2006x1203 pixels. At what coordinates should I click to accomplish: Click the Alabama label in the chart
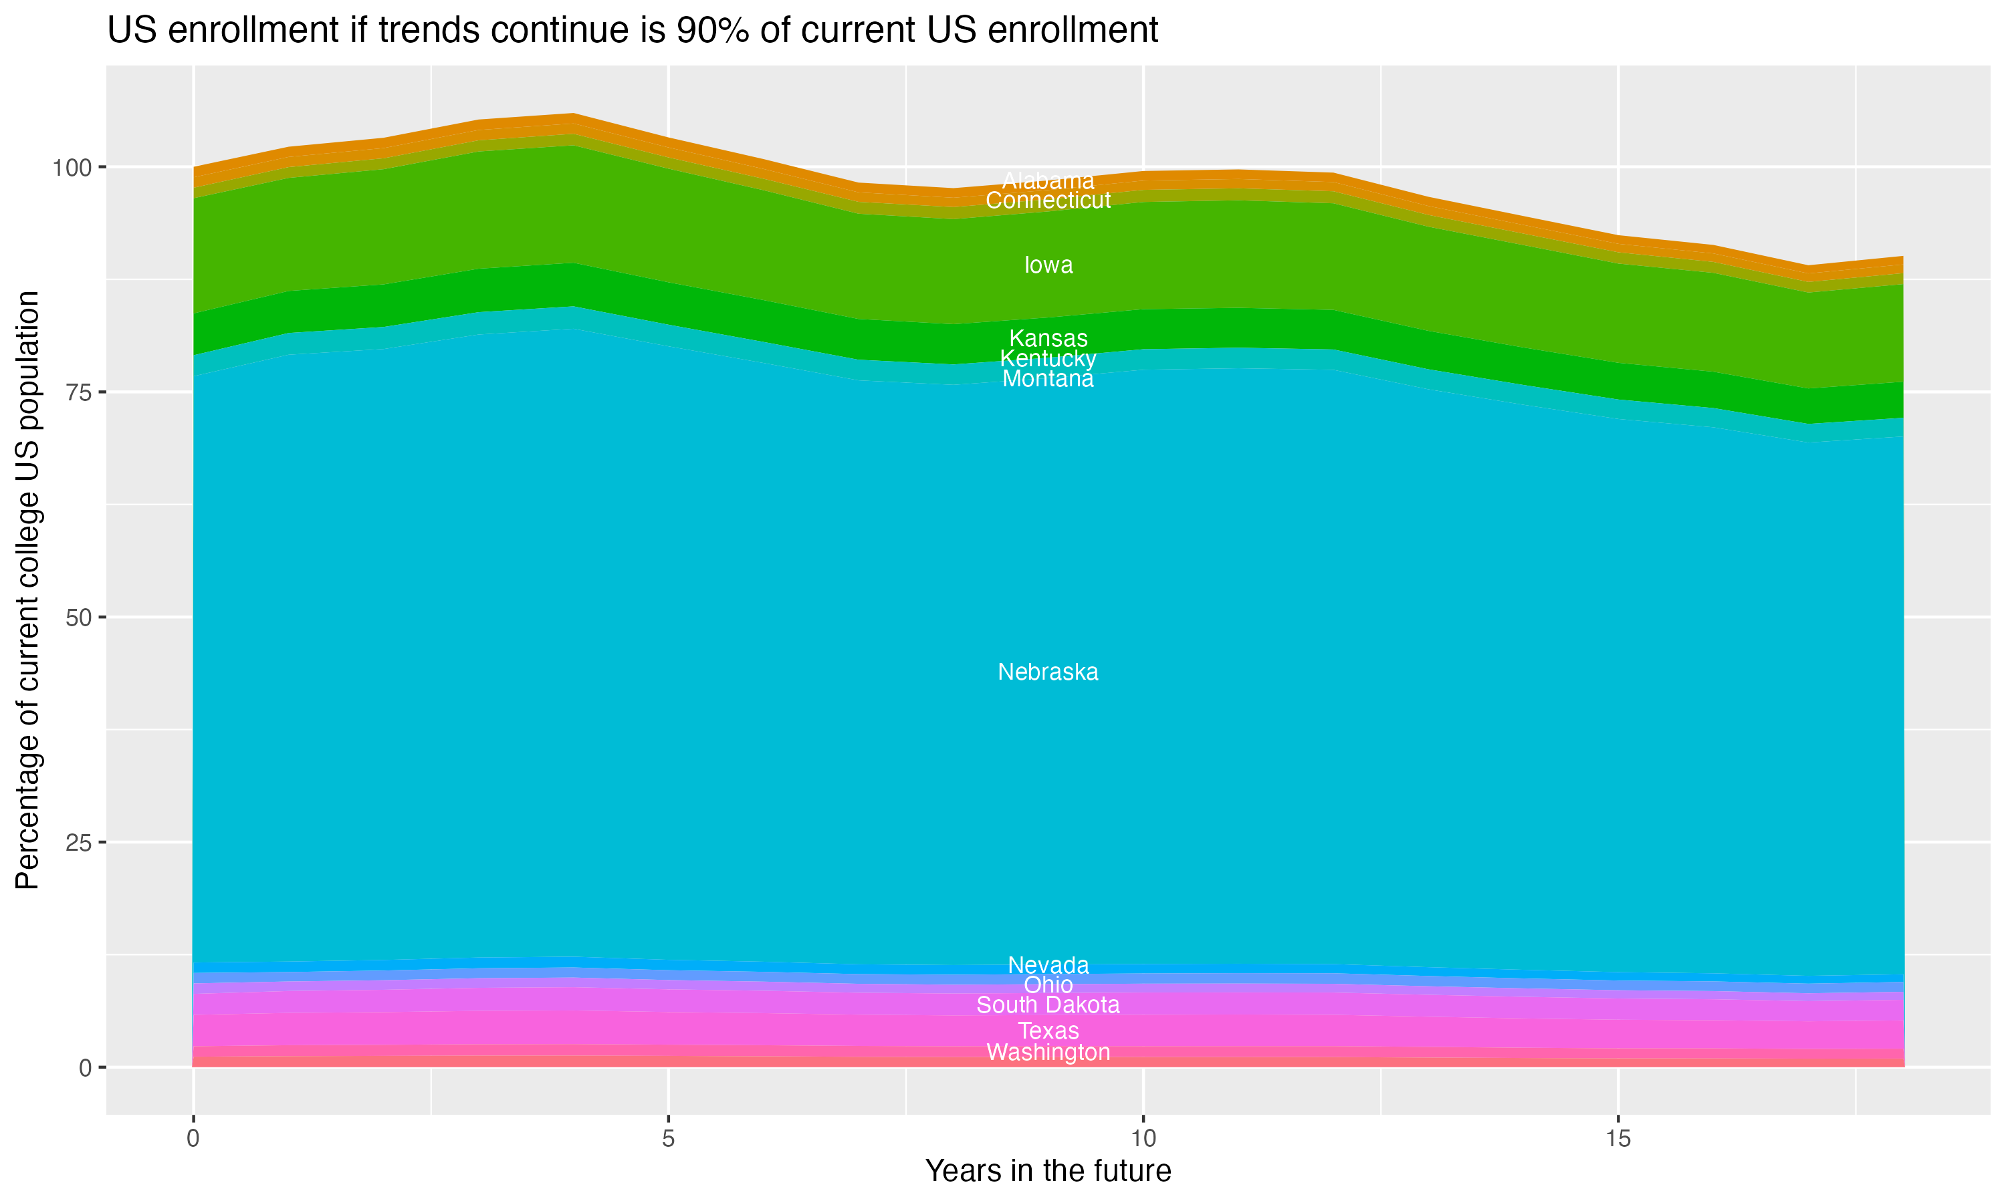[1048, 180]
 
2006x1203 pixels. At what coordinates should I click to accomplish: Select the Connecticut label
[1048, 200]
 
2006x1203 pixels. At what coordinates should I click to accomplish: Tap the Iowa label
[1048, 265]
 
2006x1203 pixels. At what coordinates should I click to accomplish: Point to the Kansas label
[1048, 338]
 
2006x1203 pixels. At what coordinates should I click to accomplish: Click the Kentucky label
[1048, 358]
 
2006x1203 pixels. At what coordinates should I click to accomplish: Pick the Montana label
[1048, 378]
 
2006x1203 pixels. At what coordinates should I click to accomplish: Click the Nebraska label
[1048, 672]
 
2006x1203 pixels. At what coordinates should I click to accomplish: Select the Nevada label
[1048, 964]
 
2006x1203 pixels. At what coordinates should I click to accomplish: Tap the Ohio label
[1048, 985]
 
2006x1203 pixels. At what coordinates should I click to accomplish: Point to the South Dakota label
[1048, 1005]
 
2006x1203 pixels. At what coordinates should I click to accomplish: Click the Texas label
[1048, 1031]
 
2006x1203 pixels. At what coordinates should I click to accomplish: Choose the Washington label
[1048, 1052]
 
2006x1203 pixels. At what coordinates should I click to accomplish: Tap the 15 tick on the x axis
[1618, 1139]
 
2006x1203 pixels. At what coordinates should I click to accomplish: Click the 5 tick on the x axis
[667, 1139]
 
